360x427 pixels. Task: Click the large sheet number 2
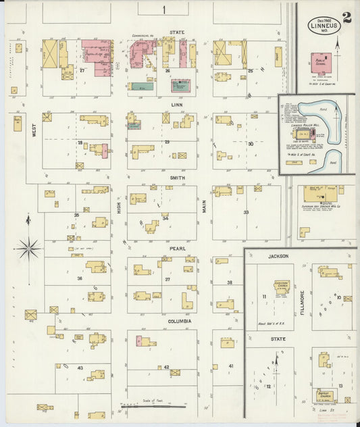pyautogui.click(x=346, y=18)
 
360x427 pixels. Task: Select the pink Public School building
pyautogui.click(x=322, y=63)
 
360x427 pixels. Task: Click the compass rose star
pyautogui.click(x=28, y=248)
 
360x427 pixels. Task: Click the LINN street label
pyautogui.click(x=177, y=105)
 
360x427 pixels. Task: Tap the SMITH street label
pyautogui.click(x=178, y=178)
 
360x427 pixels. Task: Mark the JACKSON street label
pyautogui.click(x=278, y=256)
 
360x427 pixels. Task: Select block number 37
pyautogui.click(x=168, y=279)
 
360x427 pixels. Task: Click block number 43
pyautogui.click(x=80, y=368)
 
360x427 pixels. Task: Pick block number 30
pyautogui.click(x=250, y=144)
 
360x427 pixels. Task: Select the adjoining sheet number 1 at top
pyautogui.click(x=163, y=9)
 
